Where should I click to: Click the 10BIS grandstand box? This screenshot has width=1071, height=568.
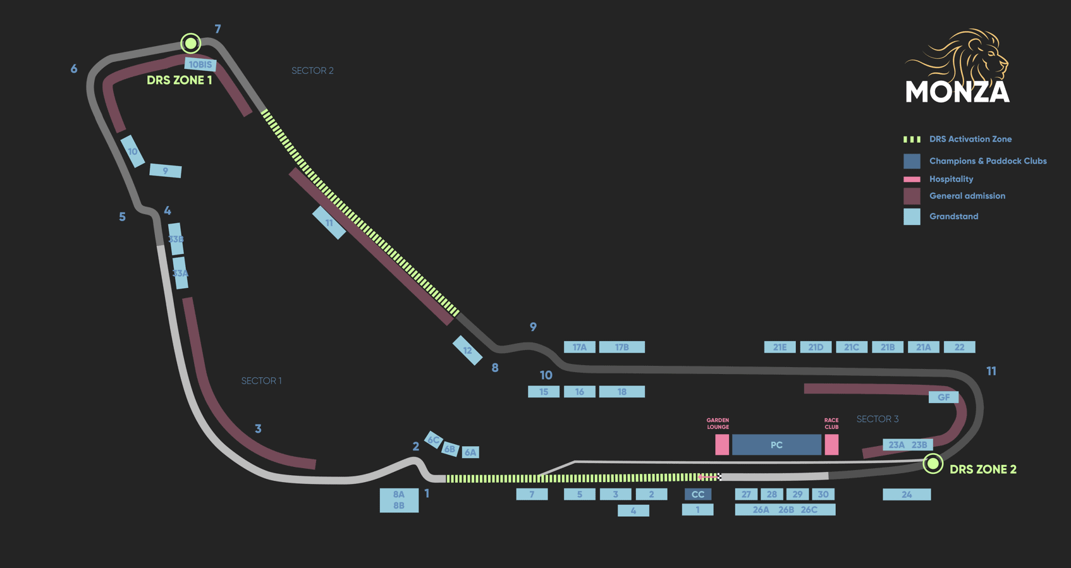click(200, 64)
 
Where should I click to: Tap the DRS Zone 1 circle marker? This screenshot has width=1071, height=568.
click(190, 43)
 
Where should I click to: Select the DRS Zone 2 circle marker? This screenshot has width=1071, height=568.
click(933, 464)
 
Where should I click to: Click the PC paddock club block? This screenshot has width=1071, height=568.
click(776, 445)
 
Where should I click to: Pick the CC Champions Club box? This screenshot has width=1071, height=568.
click(698, 494)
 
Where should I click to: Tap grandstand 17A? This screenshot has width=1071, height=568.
click(579, 347)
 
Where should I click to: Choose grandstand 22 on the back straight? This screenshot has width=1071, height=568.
click(959, 347)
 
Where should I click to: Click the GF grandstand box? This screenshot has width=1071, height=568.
click(943, 397)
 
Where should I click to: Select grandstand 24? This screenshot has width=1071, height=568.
click(907, 494)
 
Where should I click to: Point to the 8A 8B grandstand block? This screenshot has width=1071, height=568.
click(399, 500)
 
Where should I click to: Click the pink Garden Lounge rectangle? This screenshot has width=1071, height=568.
click(721, 445)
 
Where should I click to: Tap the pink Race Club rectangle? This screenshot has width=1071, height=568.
click(831, 445)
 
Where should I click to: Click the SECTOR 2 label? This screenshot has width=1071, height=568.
click(312, 71)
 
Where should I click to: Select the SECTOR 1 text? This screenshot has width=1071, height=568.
click(261, 381)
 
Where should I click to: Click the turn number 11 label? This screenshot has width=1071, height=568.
click(991, 372)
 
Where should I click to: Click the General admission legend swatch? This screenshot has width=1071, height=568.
click(912, 196)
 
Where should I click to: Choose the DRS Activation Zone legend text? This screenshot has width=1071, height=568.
click(970, 139)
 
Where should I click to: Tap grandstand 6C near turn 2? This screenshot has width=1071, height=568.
click(433, 440)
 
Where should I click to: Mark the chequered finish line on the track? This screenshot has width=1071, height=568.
click(718, 477)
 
